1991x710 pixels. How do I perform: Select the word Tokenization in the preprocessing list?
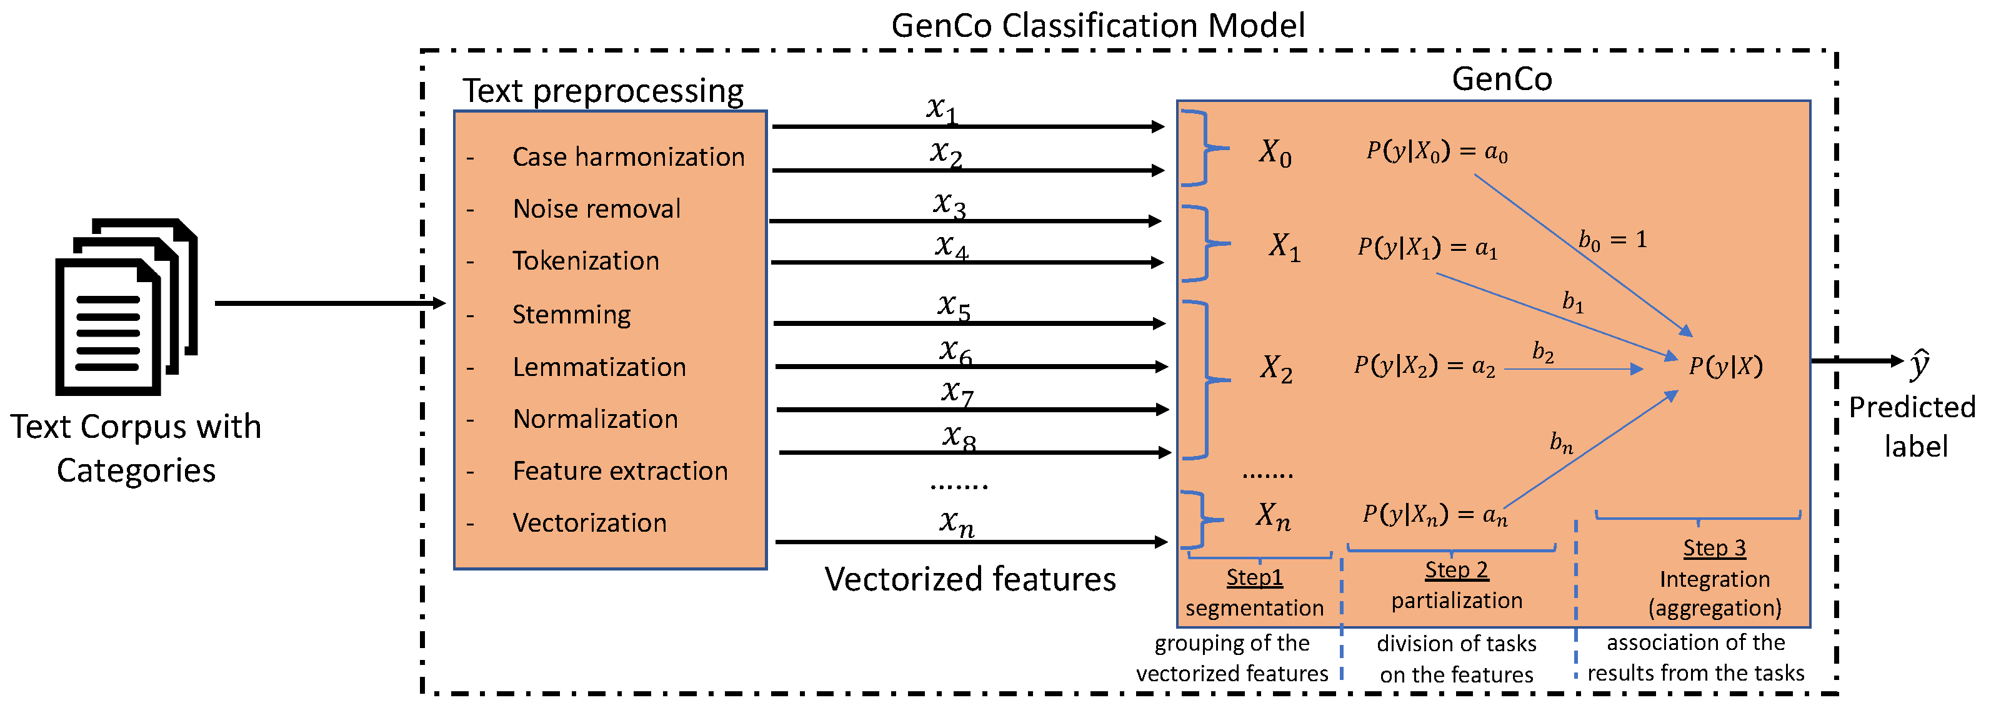(585, 261)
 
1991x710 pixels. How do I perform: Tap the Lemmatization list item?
(599, 367)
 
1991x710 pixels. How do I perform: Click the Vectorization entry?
(589, 523)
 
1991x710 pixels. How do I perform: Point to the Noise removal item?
(596, 209)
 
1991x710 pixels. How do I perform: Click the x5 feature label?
(954, 307)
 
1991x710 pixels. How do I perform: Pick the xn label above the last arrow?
(957, 522)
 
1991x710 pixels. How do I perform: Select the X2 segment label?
(1276, 368)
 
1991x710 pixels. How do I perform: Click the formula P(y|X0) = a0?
(1437, 151)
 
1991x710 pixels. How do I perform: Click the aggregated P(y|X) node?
(1726, 366)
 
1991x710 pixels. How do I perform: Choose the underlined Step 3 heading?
(1714, 547)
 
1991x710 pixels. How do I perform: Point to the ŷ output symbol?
(1920, 364)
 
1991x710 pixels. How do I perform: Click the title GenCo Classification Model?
(1097, 26)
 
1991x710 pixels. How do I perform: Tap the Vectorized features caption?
(970, 579)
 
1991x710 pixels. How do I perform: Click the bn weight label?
(1561, 442)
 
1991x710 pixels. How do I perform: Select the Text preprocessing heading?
(603, 91)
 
